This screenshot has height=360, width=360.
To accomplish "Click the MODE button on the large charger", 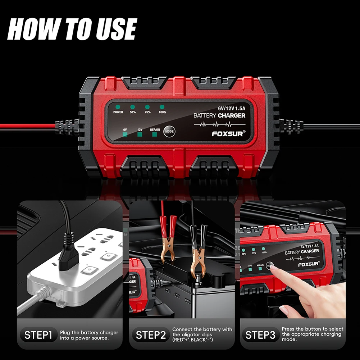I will coord(169,132).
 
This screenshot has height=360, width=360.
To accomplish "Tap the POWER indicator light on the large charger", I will coord(118,107).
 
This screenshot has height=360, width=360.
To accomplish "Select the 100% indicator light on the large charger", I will coord(162,107).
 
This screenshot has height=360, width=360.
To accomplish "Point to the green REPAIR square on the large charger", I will coord(155,135).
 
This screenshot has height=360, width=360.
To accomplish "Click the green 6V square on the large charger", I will coord(125,135).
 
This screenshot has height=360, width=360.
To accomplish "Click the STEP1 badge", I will coord(38,336).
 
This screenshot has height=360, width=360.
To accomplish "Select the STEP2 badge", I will coord(151,336).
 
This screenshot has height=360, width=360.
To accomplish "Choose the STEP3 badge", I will coord(260,336).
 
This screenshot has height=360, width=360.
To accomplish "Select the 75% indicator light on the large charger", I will coord(147,107).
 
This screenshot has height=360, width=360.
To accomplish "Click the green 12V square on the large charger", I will coord(140,135).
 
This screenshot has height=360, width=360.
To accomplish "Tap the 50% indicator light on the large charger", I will coord(132,107).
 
